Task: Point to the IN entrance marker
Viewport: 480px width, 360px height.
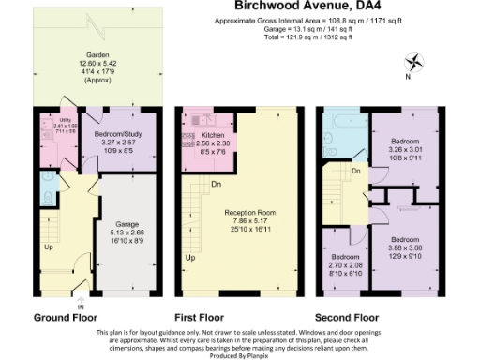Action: pyautogui.click(x=81, y=307)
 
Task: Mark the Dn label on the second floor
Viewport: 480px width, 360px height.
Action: pyautogui.click(x=354, y=171)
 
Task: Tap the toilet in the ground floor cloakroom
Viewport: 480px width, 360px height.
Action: pyautogui.click(x=47, y=194)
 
